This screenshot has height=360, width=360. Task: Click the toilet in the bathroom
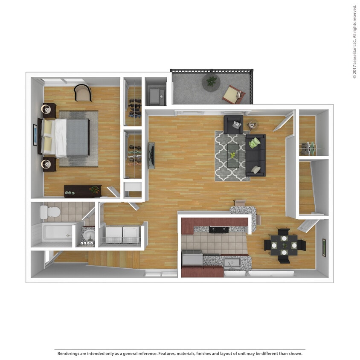pyautogui.click(x=50, y=212)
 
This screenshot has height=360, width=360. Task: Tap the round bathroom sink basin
pyautogui.click(x=89, y=236)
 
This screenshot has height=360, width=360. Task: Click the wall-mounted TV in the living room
pyautogui.click(x=151, y=155)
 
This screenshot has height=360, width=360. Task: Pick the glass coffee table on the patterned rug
pyautogui.click(x=233, y=155)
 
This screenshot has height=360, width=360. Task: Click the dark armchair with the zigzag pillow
pyautogui.click(x=233, y=125)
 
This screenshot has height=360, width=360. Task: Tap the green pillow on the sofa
pyautogui.click(x=255, y=143)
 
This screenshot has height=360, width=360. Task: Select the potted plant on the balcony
pyautogui.click(x=211, y=82)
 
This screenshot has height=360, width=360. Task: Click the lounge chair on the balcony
pyautogui.click(x=234, y=95)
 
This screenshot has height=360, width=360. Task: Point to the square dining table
pyautogui.click(x=284, y=245)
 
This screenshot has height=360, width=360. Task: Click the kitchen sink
pyautogui.click(x=232, y=263)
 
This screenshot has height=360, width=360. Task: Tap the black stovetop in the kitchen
pyautogui.click(x=219, y=229)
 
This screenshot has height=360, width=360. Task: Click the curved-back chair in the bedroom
pyautogui.click(x=83, y=93)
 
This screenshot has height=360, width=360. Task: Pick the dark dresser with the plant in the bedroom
pyautogui.click(x=83, y=192)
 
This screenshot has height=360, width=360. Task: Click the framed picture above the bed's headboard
pyautogui.click(x=35, y=135)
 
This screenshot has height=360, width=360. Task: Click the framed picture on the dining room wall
pyautogui.click(x=324, y=248)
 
